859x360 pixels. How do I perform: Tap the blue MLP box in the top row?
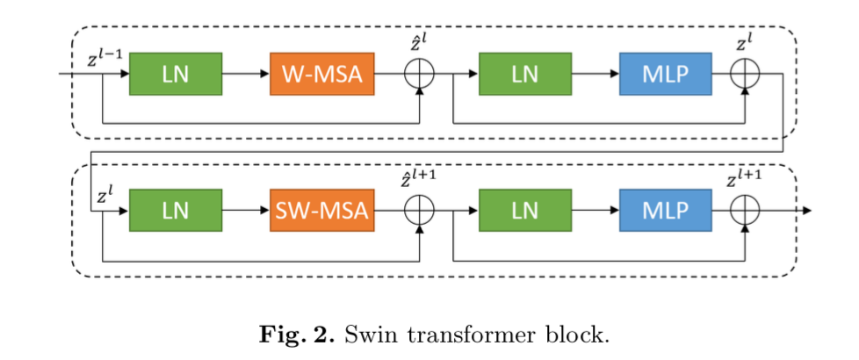(x=665, y=74)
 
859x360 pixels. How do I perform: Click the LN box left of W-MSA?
(x=176, y=74)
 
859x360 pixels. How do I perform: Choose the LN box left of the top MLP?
(x=525, y=74)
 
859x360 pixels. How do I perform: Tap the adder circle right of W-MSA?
(x=420, y=74)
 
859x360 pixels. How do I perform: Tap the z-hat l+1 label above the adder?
(x=419, y=182)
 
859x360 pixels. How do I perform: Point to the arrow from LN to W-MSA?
(x=246, y=74)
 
